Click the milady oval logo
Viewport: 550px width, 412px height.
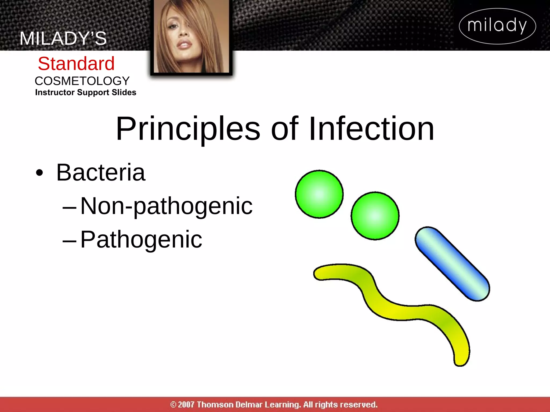click(x=497, y=26)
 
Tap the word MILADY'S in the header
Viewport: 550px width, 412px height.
click(x=63, y=38)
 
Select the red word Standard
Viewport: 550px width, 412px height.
click(x=76, y=64)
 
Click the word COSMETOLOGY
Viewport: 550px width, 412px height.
click(x=82, y=81)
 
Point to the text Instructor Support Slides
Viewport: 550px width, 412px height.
click(x=85, y=92)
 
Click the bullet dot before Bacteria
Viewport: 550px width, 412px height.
click(x=39, y=173)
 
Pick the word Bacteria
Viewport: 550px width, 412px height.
click(x=101, y=172)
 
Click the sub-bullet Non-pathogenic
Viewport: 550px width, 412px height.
click(x=166, y=206)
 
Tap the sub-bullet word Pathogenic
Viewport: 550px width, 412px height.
click(x=141, y=239)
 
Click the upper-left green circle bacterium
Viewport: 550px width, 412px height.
click(x=319, y=194)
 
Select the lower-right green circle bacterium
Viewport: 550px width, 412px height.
click(x=375, y=216)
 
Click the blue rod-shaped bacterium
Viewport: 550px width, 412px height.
click(x=452, y=264)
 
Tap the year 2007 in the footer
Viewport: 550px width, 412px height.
click(x=186, y=404)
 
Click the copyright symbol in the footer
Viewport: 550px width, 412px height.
click(x=173, y=404)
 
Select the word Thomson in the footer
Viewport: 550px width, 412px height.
click(x=215, y=404)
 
